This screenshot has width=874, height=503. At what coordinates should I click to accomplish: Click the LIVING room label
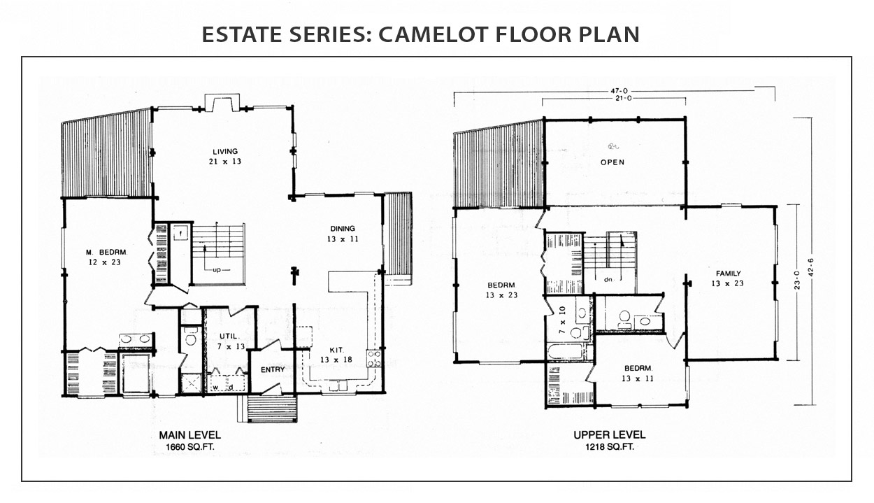pos(225,152)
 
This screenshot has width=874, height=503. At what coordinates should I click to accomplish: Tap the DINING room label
pos(343,229)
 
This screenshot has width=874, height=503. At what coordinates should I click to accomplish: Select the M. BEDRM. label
pos(106,253)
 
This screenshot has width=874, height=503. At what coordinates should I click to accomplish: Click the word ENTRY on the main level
pos(273,369)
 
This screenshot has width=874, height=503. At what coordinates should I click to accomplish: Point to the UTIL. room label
pos(229,336)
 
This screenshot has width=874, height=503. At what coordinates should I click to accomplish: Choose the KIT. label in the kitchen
pos(336,350)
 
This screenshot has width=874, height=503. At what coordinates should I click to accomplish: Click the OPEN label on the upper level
pos(612,162)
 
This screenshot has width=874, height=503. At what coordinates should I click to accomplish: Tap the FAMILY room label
pos(728,274)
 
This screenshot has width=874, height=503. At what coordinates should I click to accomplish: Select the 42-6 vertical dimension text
pos(812,267)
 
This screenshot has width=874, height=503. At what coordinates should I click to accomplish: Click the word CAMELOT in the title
pos(433,34)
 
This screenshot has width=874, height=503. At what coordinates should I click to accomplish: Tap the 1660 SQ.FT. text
pos(190,447)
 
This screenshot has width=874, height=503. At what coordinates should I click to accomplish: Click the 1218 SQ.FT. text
pos(610,447)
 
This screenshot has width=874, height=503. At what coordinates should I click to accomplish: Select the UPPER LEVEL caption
pos(610,434)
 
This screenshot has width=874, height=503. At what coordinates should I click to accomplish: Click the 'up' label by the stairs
pos(217,270)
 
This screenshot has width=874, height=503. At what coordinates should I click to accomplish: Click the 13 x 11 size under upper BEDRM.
pos(638,378)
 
